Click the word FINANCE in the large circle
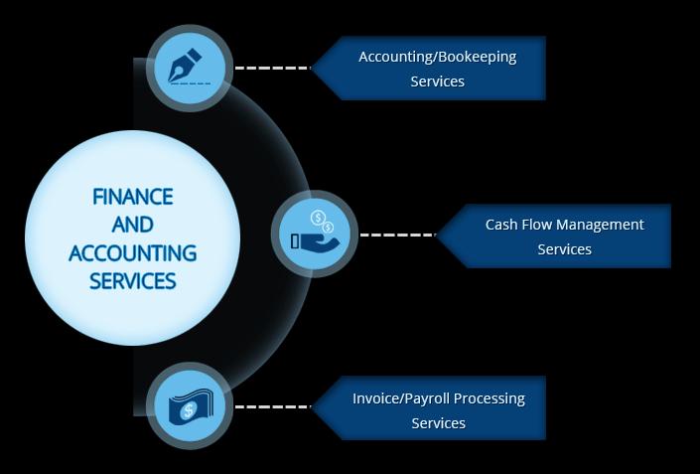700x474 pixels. click(133, 197)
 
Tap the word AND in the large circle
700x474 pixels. click(133, 225)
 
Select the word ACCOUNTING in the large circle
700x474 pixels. click(133, 252)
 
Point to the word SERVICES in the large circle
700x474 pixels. click(133, 281)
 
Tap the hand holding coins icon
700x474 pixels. click(316, 231)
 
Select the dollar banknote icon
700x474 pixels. click(191, 407)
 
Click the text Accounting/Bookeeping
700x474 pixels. click(438, 58)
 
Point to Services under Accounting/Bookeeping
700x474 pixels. click(438, 81)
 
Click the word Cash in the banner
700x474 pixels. click(499, 225)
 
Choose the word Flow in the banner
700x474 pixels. click(532, 225)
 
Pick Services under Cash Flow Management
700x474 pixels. click(564, 249)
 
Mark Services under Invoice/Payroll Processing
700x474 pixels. click(439, 423)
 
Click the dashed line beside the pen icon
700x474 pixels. click(272, 68)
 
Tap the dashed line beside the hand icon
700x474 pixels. click(398, 235)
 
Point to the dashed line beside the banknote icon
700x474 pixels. click(272, 406)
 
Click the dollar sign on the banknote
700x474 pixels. click(189, 409)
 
